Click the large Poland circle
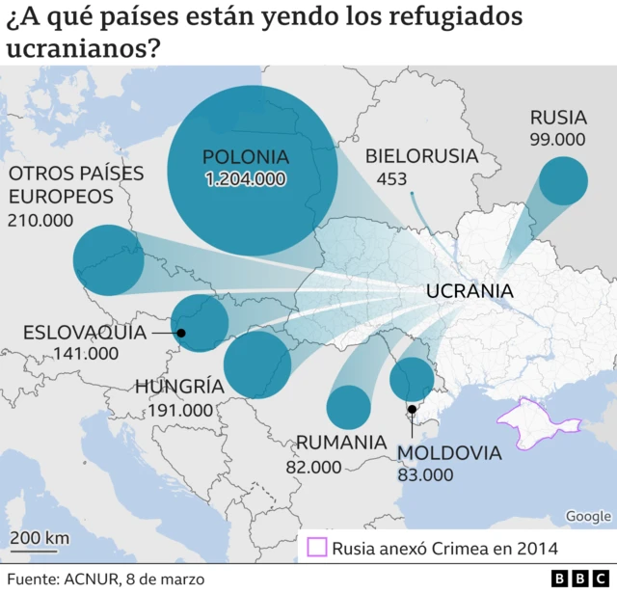click(x=252, y=171)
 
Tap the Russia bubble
click(x=563, y=181)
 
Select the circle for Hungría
click(x=257, y=364)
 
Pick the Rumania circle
click(x=348, y=406)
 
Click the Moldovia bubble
click(x=412, y=379)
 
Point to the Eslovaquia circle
click(x=200, y=323)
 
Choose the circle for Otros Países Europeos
click(x=108, y=259)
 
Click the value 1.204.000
click(x=245, y=179)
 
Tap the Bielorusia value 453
click(x=391, y=179)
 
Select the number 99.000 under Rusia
click(x=557, y=139)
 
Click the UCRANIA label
click(x=469, y=291)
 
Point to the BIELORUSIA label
click(x=421, y=156)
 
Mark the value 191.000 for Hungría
click(x=180, y=410)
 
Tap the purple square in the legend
click(x=316, y=549)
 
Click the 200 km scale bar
click(x=40, y=552)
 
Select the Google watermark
click(x=587, y=517)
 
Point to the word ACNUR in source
click(x=93, y=579)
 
